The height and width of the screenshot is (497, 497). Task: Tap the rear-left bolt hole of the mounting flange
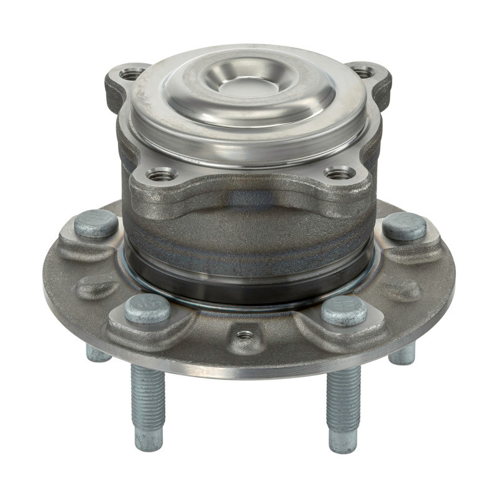(131, 75)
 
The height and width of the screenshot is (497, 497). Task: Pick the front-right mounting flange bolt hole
(339, 173)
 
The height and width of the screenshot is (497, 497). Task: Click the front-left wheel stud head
(147, 308)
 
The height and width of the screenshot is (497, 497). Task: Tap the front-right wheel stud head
(344, 310)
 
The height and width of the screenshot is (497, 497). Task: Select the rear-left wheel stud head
(96, 224)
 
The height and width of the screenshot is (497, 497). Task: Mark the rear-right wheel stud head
(404, 226)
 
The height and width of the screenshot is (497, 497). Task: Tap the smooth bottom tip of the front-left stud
(149, 439)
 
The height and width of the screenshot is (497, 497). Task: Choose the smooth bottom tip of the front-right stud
(344, 440)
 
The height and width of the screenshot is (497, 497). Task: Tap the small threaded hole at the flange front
(246, 335)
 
